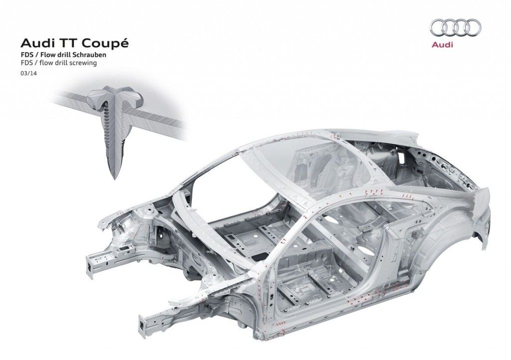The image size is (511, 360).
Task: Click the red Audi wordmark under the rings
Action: (442, 44)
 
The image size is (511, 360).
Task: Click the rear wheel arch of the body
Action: (456, 234)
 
